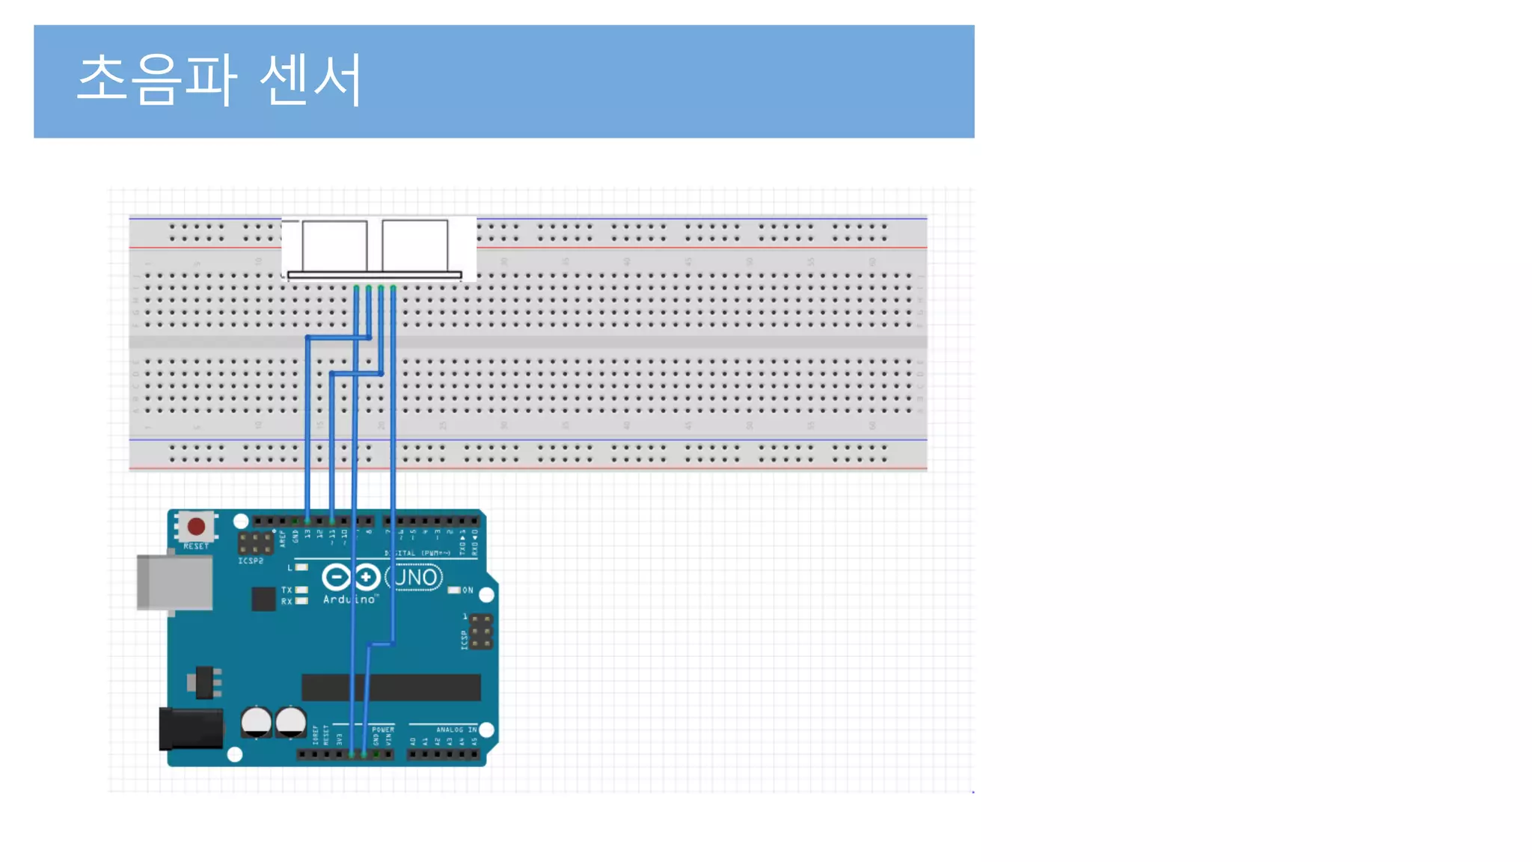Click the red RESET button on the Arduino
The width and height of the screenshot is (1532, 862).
click(x=197, y=526)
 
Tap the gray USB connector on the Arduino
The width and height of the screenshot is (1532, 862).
click(x=174, y=581)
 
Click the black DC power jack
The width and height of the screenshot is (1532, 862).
click(x=191, y=728)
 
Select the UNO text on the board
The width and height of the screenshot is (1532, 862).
click(x=416, y=577)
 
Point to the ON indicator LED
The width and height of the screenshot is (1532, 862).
click(x=454, y=590)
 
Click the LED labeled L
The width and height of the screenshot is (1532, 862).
click(x=301, y=567)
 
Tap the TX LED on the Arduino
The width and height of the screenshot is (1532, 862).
click(x=301, y=590)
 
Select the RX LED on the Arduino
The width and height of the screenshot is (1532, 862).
click(x=301, y=601)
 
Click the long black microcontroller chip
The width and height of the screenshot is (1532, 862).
click(x=390, y=687)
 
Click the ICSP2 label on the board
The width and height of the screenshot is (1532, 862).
click(x=251, y=560)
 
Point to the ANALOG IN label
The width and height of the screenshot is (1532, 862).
click(x=456, y=729)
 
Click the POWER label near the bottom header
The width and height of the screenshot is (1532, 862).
click(x=383, y=729)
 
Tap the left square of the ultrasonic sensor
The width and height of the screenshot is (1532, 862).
click(x=334, y=245)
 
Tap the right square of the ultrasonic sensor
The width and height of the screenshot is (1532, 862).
click(x=415, y=245)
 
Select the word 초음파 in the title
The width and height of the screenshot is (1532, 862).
click(x=157, y=79)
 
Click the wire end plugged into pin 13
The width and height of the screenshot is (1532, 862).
click(x=307, y=520)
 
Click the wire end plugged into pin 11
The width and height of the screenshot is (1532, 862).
click(x=332, y=520)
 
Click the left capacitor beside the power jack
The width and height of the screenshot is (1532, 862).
click(x=256, y=721)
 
